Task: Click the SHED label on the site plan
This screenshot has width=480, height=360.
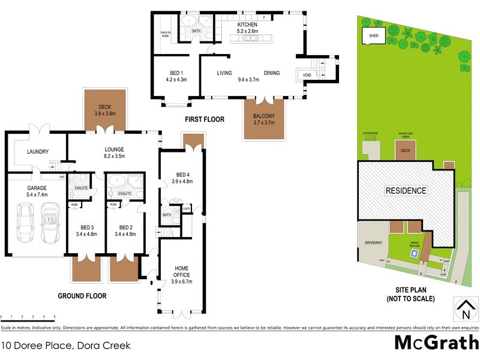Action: pos(374,36)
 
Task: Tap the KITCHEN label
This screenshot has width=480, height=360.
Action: pos(247,25)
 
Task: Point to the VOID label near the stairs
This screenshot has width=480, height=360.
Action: pos(307,74)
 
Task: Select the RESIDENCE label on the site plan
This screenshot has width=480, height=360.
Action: pos(406,191)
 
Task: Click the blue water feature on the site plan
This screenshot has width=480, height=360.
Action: pos(413,253)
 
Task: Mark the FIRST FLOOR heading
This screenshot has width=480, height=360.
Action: pos(205,119)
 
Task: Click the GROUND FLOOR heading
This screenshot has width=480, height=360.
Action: pos(82,296)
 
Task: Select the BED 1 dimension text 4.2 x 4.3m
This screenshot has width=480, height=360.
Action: pos(176,79)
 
